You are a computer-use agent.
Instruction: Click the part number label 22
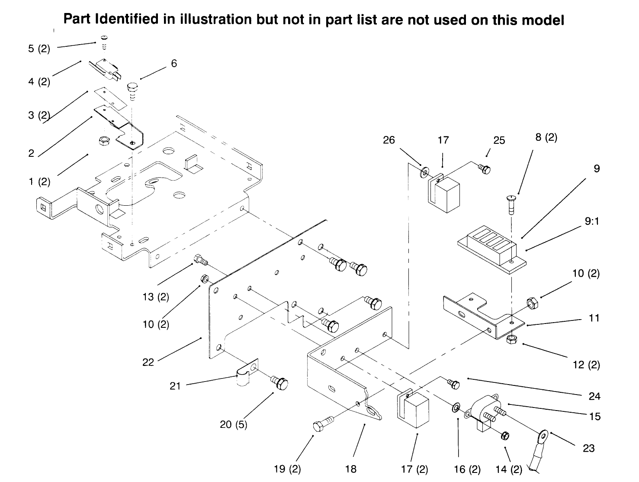(148, 362)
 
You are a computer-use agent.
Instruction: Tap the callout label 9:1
(591, 221)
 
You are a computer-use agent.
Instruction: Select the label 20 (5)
(234, 424)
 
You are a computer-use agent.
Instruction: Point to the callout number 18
(351, 469)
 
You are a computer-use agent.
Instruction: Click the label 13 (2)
(156, 297)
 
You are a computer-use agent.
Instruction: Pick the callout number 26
(389, 140)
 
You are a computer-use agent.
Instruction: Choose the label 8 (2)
(546, 138)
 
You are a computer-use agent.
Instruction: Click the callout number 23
(589, 448)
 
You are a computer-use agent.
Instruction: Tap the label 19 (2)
(287, 469)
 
